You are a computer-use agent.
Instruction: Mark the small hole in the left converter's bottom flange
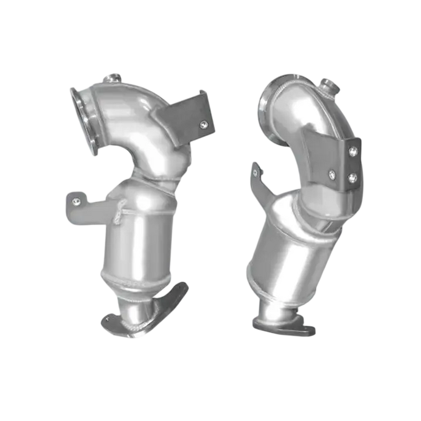110,316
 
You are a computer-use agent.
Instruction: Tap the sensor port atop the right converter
328,83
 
